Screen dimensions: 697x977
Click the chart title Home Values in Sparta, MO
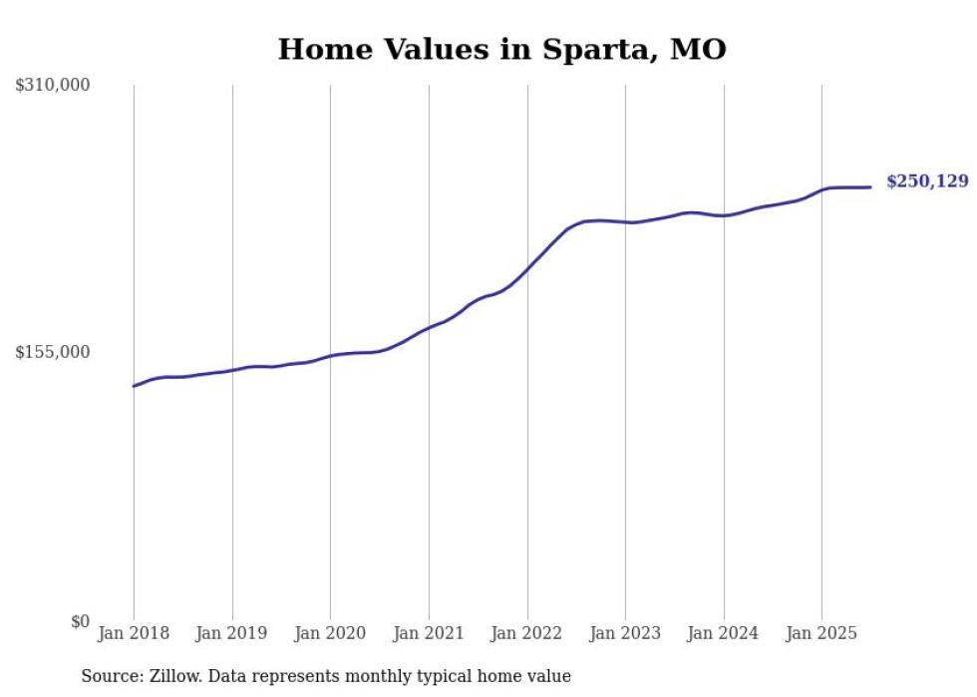(x=501, y=49)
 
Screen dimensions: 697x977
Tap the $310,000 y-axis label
(x=53, y=86)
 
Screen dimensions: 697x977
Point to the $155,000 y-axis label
(x=53, y=352)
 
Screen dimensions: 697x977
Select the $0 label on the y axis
(x=80, y=621)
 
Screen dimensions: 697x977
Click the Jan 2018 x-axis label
(x=134, y=633)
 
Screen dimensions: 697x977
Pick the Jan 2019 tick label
(x=231, y=633)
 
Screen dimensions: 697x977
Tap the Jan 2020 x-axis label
(x=330, y=633)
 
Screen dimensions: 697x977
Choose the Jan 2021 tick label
(x=429, y=633)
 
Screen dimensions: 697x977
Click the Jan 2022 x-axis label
(x=526, y=633)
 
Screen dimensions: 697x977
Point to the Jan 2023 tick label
(x=625, y=633)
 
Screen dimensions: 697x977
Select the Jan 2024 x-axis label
(x=723, y=633)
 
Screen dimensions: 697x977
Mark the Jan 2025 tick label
(x=821, y=633)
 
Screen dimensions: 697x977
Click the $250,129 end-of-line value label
(x=927, y=181)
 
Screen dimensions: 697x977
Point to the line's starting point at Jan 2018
(x=134, y=386)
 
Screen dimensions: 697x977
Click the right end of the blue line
(x=870, y=186)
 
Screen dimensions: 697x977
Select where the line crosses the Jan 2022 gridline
(x=527, y=269)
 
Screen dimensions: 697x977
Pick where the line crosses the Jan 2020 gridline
(x=330, y=356)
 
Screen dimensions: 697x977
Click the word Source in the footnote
(x=108, y=676)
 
